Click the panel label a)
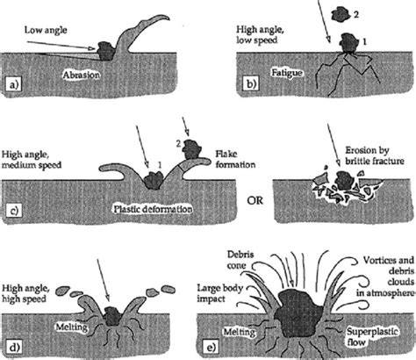pos(14,84)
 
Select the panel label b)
pos(251,84)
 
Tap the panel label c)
pos(14,211)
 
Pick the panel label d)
pos(15,348)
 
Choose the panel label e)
pos(212,348)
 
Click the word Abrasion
pos(82,75)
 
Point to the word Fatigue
pos(287,73)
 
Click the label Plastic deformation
pos(153,209)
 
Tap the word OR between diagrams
pos(255,200)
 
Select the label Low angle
pos(46,30)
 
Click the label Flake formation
pos(235,159)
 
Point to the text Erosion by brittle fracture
pos(375,155)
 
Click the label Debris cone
pos(240,260)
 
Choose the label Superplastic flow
pos(373,336)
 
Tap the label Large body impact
pos(220,293)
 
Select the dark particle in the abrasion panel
pos(105,51)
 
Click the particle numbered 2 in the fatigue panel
pos(342,15)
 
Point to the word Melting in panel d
pos(71,327)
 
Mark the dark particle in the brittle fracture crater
pos(345,180)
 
